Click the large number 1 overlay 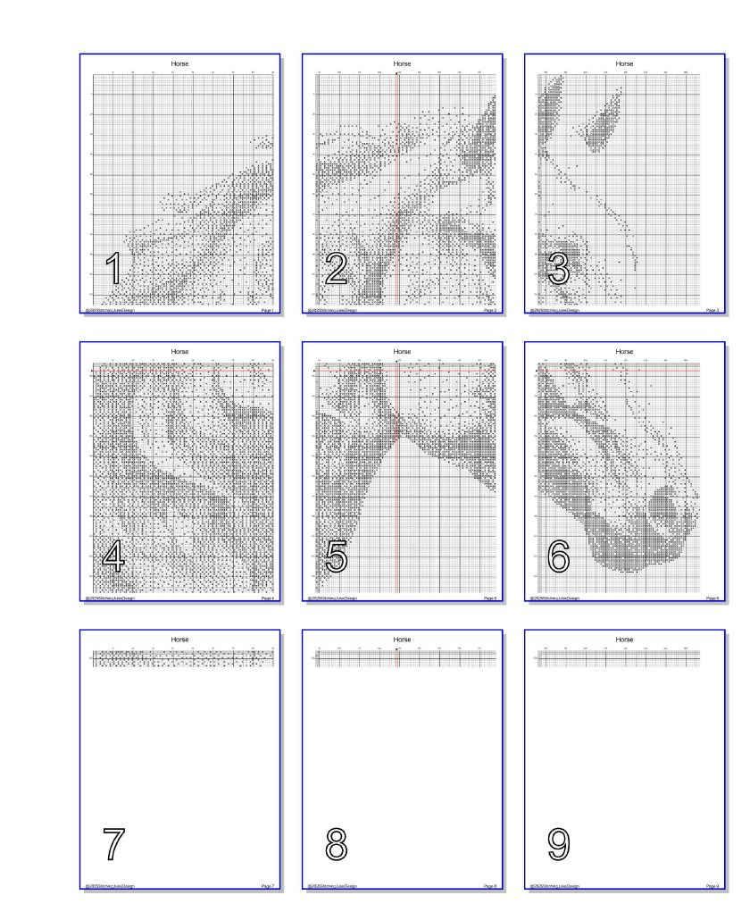[x=113, y=269]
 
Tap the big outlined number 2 [x=336, y=269]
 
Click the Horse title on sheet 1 [x=180, y=64]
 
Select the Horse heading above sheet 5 [x=403, y=352]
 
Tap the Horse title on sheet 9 [x=625, y=640]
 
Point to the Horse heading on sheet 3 [x=625, y=64]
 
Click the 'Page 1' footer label [x=267, y=311]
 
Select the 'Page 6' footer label [x=712, y=598]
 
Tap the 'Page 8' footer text [x=489, y=884]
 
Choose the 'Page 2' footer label [x=489, y=311]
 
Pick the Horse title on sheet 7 [x=180, y=640]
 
